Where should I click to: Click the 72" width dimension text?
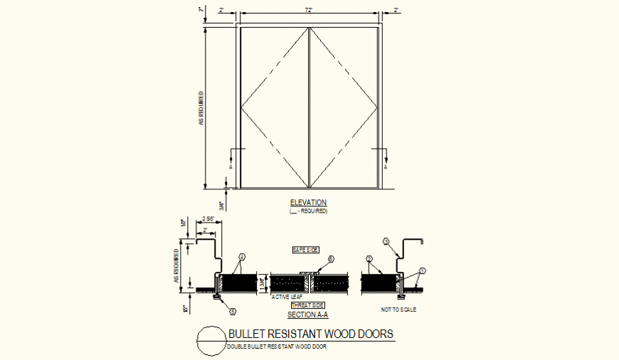[309, 10]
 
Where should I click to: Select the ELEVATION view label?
[308, 203]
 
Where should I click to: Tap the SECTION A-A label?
[307, 314]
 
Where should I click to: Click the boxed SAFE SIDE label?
[306, 250]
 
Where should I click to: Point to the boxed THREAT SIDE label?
[307, 305]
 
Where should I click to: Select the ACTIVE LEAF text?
[287, 297]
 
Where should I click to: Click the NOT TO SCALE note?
[398, 309]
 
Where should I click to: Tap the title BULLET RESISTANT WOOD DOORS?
[309, 334]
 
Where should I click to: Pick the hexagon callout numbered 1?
[422, 270]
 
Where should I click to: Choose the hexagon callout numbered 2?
[369, 258]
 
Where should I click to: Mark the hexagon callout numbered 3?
[387, 241]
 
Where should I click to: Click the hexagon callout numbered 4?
[241, 257]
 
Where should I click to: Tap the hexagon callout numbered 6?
[330, 259]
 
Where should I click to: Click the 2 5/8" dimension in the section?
[208, 219]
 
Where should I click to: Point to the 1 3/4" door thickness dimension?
[263, 282]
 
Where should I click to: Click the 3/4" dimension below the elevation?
[222, 206]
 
